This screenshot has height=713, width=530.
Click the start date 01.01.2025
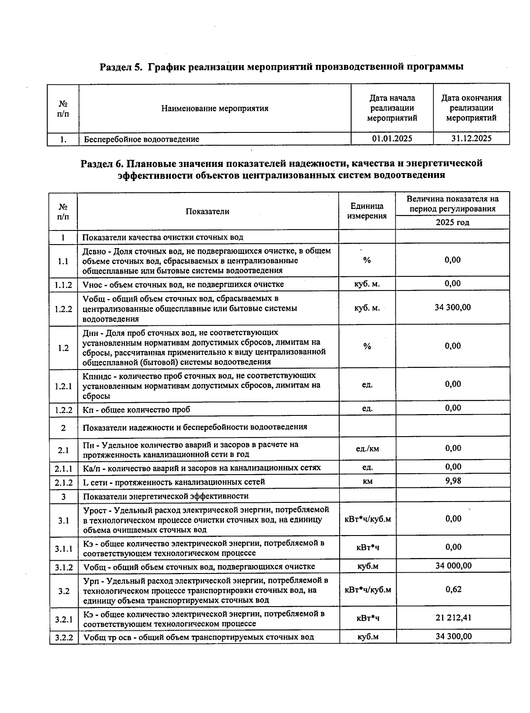point(392,139)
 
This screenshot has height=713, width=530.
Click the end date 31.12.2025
point(471,139)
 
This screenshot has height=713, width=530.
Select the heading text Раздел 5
point(121,67)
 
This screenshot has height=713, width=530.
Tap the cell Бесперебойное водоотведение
point(142,139)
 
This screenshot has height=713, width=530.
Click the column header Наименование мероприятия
point(215,108)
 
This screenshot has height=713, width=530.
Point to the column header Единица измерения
point(367,211)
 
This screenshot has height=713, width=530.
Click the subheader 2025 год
point(452,223)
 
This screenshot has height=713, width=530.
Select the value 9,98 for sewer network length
point(453,481)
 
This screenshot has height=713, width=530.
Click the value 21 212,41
point(453,618)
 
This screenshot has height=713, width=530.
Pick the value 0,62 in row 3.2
point(453,589)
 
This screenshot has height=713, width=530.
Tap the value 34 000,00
point(453,566)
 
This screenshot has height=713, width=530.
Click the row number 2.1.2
point(64,482)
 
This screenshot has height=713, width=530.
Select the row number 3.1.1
point(64,549)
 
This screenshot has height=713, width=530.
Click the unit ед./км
point(367,449)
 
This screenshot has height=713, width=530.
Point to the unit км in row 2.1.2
point(367,482)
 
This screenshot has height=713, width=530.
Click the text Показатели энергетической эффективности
point(166,496)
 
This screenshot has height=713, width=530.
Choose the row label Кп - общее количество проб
point(136,410)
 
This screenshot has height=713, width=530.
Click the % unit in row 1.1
point(367,260)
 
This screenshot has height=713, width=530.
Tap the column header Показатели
point(208,211)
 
